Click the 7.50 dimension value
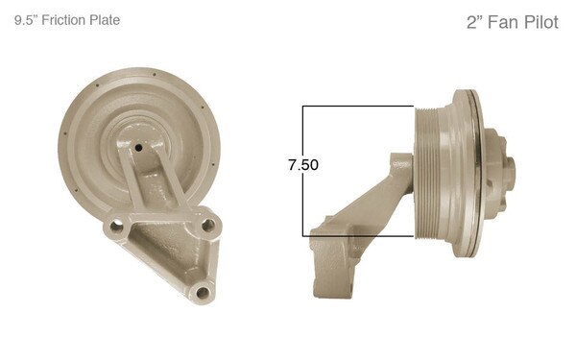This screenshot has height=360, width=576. click(x=302, y=165)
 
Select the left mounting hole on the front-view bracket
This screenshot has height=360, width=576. click(x=117, y=227)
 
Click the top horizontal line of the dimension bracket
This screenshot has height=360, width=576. click(x=360, y=106)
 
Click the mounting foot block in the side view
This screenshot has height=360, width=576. click(x=331, y=269)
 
